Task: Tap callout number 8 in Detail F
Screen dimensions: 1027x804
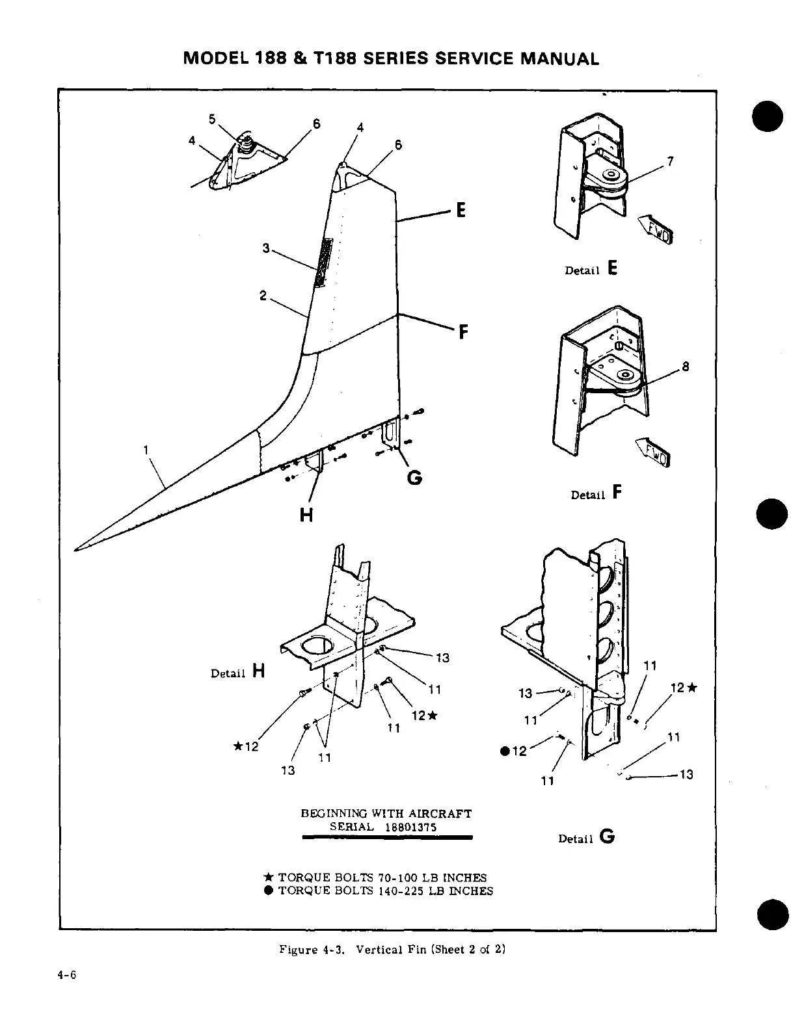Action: click(x=685, y=367)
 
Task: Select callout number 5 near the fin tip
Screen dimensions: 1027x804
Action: click(x=212, y=118)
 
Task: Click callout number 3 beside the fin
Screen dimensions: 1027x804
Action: click(x=265, y=248)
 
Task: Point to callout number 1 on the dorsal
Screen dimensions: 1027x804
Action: click(x=146, y=449)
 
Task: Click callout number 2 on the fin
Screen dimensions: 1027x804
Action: click(x=263, y=295)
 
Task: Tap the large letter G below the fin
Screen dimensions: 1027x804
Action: click(x=414, y=478)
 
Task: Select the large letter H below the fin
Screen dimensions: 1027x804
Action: click(x=306, y=515)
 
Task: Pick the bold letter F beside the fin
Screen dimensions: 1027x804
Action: click(x=463, y=332)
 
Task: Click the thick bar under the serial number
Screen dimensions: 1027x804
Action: click(x=387, y=838)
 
